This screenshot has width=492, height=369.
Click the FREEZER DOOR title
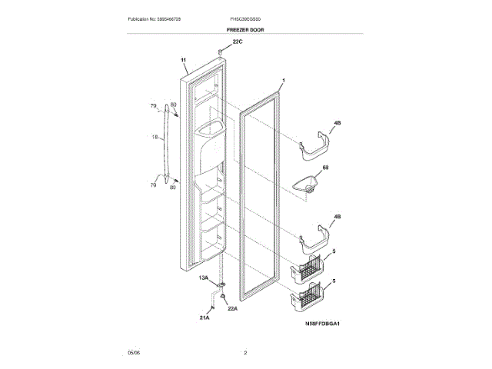coord(245,28)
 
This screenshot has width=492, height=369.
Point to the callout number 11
coord(184,60)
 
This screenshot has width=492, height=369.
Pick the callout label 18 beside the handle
coord(155,137)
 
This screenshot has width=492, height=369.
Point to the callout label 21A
coord(205,315)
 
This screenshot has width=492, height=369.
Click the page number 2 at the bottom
coord(245,352)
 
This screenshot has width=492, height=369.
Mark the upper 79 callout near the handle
coord(153,105)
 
